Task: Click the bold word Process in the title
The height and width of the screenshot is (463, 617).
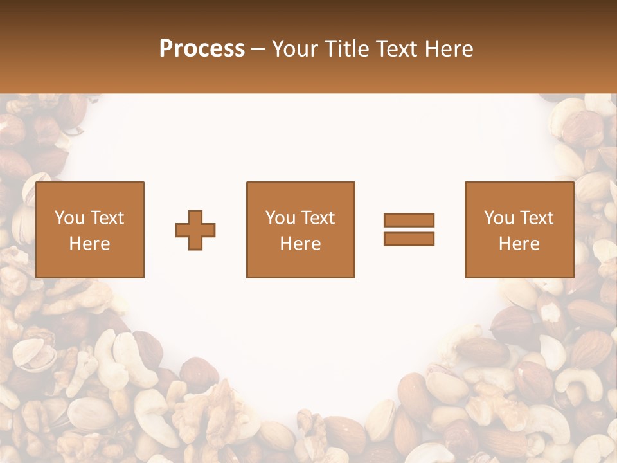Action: point(202,49)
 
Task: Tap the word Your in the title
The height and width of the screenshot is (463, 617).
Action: point(292,49)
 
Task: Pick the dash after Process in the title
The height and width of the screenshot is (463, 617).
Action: point(258,50)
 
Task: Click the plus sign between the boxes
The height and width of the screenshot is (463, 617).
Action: point(195,230)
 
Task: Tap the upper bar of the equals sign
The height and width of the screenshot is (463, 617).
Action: point(409,220)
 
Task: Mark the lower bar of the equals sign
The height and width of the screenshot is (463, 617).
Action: point(409,239)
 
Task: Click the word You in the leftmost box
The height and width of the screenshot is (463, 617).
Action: point(69,218)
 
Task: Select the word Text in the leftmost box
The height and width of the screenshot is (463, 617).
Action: point(107,218)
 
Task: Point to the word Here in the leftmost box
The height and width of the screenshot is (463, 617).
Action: point(89,244)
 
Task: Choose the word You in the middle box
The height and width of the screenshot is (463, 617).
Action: point(280,218)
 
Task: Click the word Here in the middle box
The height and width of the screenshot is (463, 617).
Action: point(300,244)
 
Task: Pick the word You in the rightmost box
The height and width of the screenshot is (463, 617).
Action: point(499,218)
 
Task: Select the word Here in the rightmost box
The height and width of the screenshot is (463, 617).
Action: point(519,244)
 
